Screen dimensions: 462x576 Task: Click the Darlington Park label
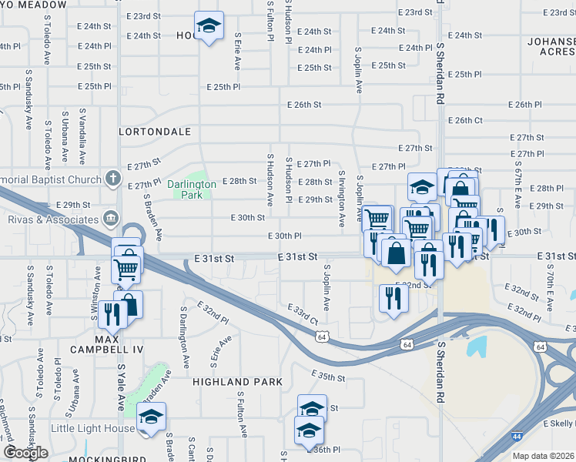[x=186, y=189]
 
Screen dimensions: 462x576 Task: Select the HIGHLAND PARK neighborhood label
[x=232, y=382]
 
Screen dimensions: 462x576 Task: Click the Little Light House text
[x=93, y=428]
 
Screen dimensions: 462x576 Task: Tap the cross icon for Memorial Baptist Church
[x=113, y=179]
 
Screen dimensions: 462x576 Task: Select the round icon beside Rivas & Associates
[x=113, y=217]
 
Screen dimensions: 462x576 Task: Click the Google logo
[x=25, y=453]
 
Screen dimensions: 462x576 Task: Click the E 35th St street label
[x=329, y=376]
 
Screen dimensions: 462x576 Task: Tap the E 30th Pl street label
[x=284, y=236]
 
